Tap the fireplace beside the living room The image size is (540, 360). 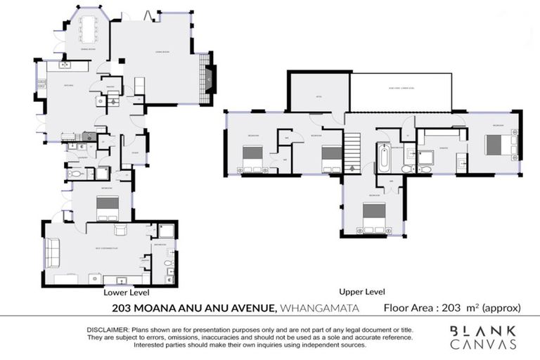208,79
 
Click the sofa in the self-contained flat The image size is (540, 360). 52,249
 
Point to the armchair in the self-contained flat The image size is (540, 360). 120,231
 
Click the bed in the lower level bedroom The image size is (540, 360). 107,207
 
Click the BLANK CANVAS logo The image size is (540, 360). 483,337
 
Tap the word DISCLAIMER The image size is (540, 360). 108,330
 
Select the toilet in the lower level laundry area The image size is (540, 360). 77,173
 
